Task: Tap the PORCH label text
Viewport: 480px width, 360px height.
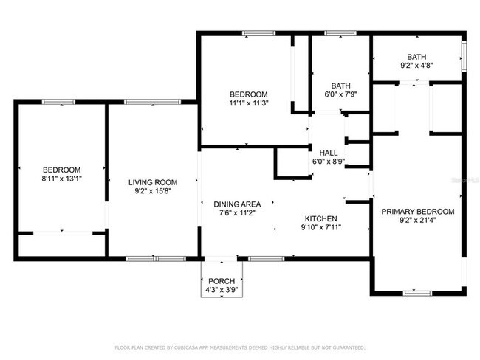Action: tap(221, 280)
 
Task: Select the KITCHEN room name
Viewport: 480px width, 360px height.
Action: tap(321, 218)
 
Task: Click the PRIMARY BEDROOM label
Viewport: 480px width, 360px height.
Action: tap(417, 211)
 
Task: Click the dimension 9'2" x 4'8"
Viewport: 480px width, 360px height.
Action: tap(417, 65)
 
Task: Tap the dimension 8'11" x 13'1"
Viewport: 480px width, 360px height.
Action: tap(61, 178)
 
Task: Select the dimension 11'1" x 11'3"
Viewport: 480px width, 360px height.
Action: tap(248, 103)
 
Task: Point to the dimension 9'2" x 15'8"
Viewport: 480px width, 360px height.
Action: tap(153, 192)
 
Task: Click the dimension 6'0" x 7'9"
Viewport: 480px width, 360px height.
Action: tap(340, 94)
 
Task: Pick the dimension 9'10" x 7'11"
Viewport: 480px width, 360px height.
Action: tap(321, 227)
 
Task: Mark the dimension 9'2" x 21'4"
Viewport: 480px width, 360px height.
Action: tap(417, 220)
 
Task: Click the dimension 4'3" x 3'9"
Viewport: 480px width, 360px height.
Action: tap(221, 289)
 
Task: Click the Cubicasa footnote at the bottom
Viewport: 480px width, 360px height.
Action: tap(239, 347)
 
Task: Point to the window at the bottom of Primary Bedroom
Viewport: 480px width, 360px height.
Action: tap(417, 292)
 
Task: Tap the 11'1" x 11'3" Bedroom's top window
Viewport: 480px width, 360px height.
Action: tap(259, 32)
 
